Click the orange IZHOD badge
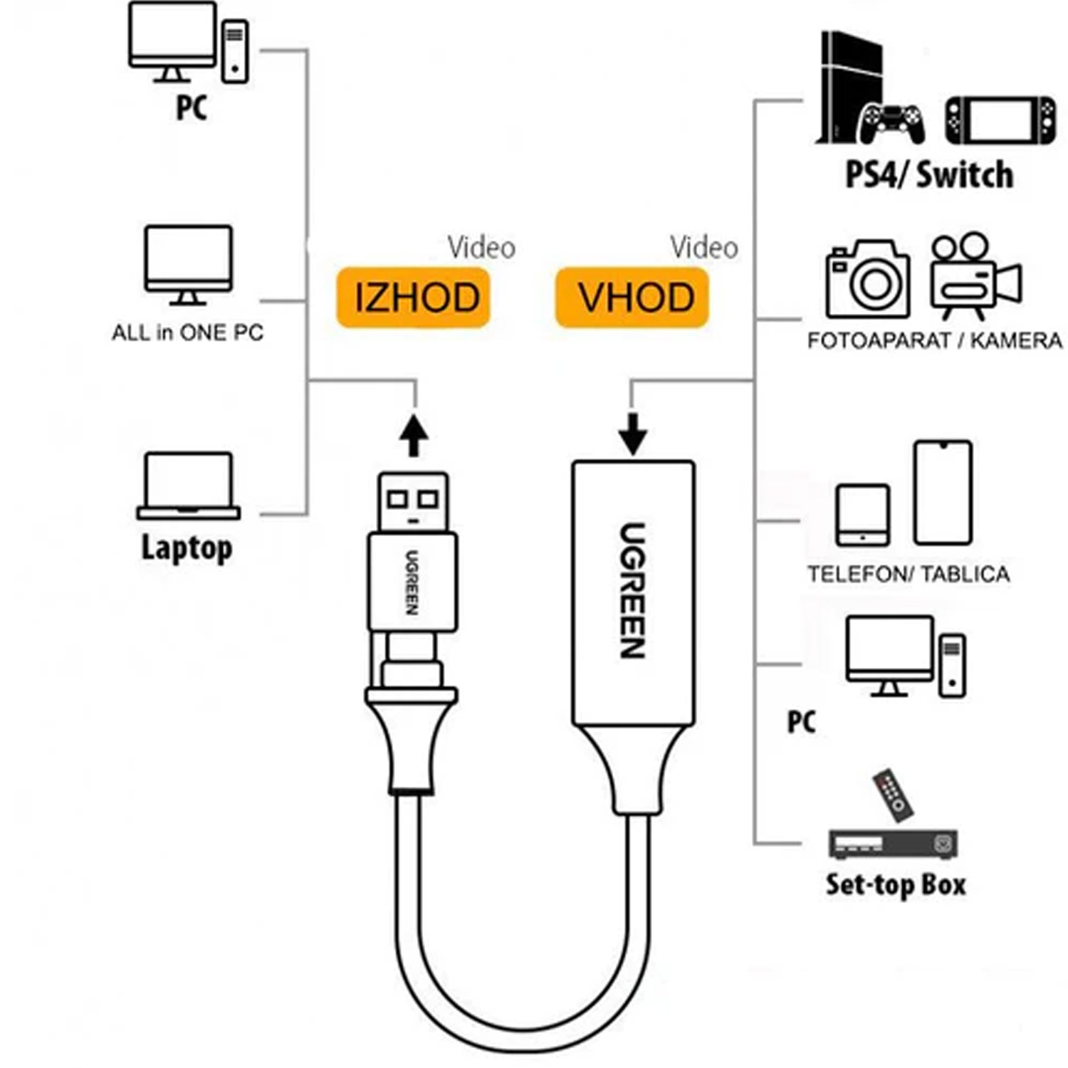pyautogui.click(x=414, y=297)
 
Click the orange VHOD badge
pyautogui.click(x=632, y=297)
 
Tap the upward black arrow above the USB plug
pyautogui.click(x=414, y=435)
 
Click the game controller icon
pyautogui.click(x=892, y=124)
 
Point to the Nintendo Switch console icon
pyautogui.click(x=1001, y=120)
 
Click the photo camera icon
pyautogui.click(x=868, y=279)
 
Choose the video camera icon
pyautogui.click(x=975, y=276)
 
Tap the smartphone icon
pyautogui.click(x=943, y=493)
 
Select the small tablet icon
pyautogui.click(x=863, y=515)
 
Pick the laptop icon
pyautogui.click(x=188, y=486)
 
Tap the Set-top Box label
pyautogui.click(x=896, y=884)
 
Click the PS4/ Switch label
pyautogui.click(x=929, y=174)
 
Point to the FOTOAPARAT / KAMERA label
pyautogui.click(x=935, y=340)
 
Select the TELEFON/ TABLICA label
pyautogui.click(x=909, y=574)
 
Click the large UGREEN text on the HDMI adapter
pyautogui.click(x=632, y=590)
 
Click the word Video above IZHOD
pyautogui.click(x=481, y=248)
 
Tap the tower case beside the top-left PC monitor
pyautogui.click(x=235, y=52)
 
